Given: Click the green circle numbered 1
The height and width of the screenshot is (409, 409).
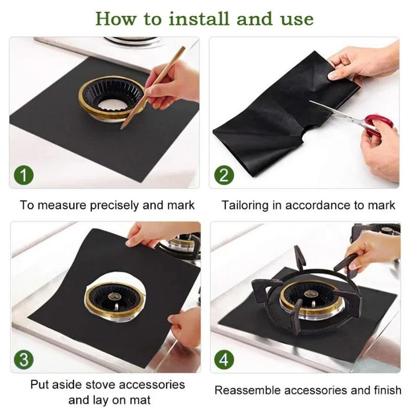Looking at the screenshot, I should pyautogui.click(x=24, y=176).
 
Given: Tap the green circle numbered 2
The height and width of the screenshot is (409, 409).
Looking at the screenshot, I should pyautogui.click(x=223, y=176).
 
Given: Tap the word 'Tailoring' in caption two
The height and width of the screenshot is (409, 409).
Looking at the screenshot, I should pyautogui.click(x=244, y=206).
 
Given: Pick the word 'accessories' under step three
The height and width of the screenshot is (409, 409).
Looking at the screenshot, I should pyautogui.click(x=153, y=384).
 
